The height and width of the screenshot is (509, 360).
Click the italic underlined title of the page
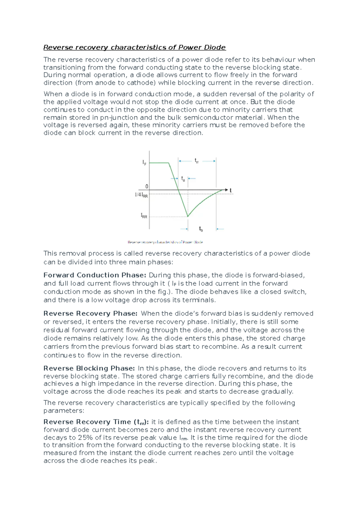(x=134, y=47)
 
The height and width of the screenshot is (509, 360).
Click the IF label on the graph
(x=144, y=163)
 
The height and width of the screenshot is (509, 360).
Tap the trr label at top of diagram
(x=197, y=161)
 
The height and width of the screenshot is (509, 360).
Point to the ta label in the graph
(x=183, y=179)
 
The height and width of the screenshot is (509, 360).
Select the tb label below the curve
(x=201, y=229)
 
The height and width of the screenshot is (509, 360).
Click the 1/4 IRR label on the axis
(x=141, y=195)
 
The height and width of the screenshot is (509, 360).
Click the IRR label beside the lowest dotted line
(x=144, y=216)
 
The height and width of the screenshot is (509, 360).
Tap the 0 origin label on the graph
(x=147, y=186)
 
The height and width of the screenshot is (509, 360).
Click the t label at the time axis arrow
(x=230, y=190)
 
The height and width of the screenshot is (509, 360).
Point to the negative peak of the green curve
(x=188, y=216)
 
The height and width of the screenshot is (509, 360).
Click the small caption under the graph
(x=165, y=242)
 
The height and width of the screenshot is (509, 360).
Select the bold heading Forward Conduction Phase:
(x=94, y=275)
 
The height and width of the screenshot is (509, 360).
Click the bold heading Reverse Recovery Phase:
(x=90, y=314)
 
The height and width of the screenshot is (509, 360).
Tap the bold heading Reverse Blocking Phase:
(x=89, y=368)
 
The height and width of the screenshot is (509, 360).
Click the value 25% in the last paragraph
(x=85, y=438)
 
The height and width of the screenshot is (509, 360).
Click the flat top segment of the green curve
(x=159, y=163)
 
